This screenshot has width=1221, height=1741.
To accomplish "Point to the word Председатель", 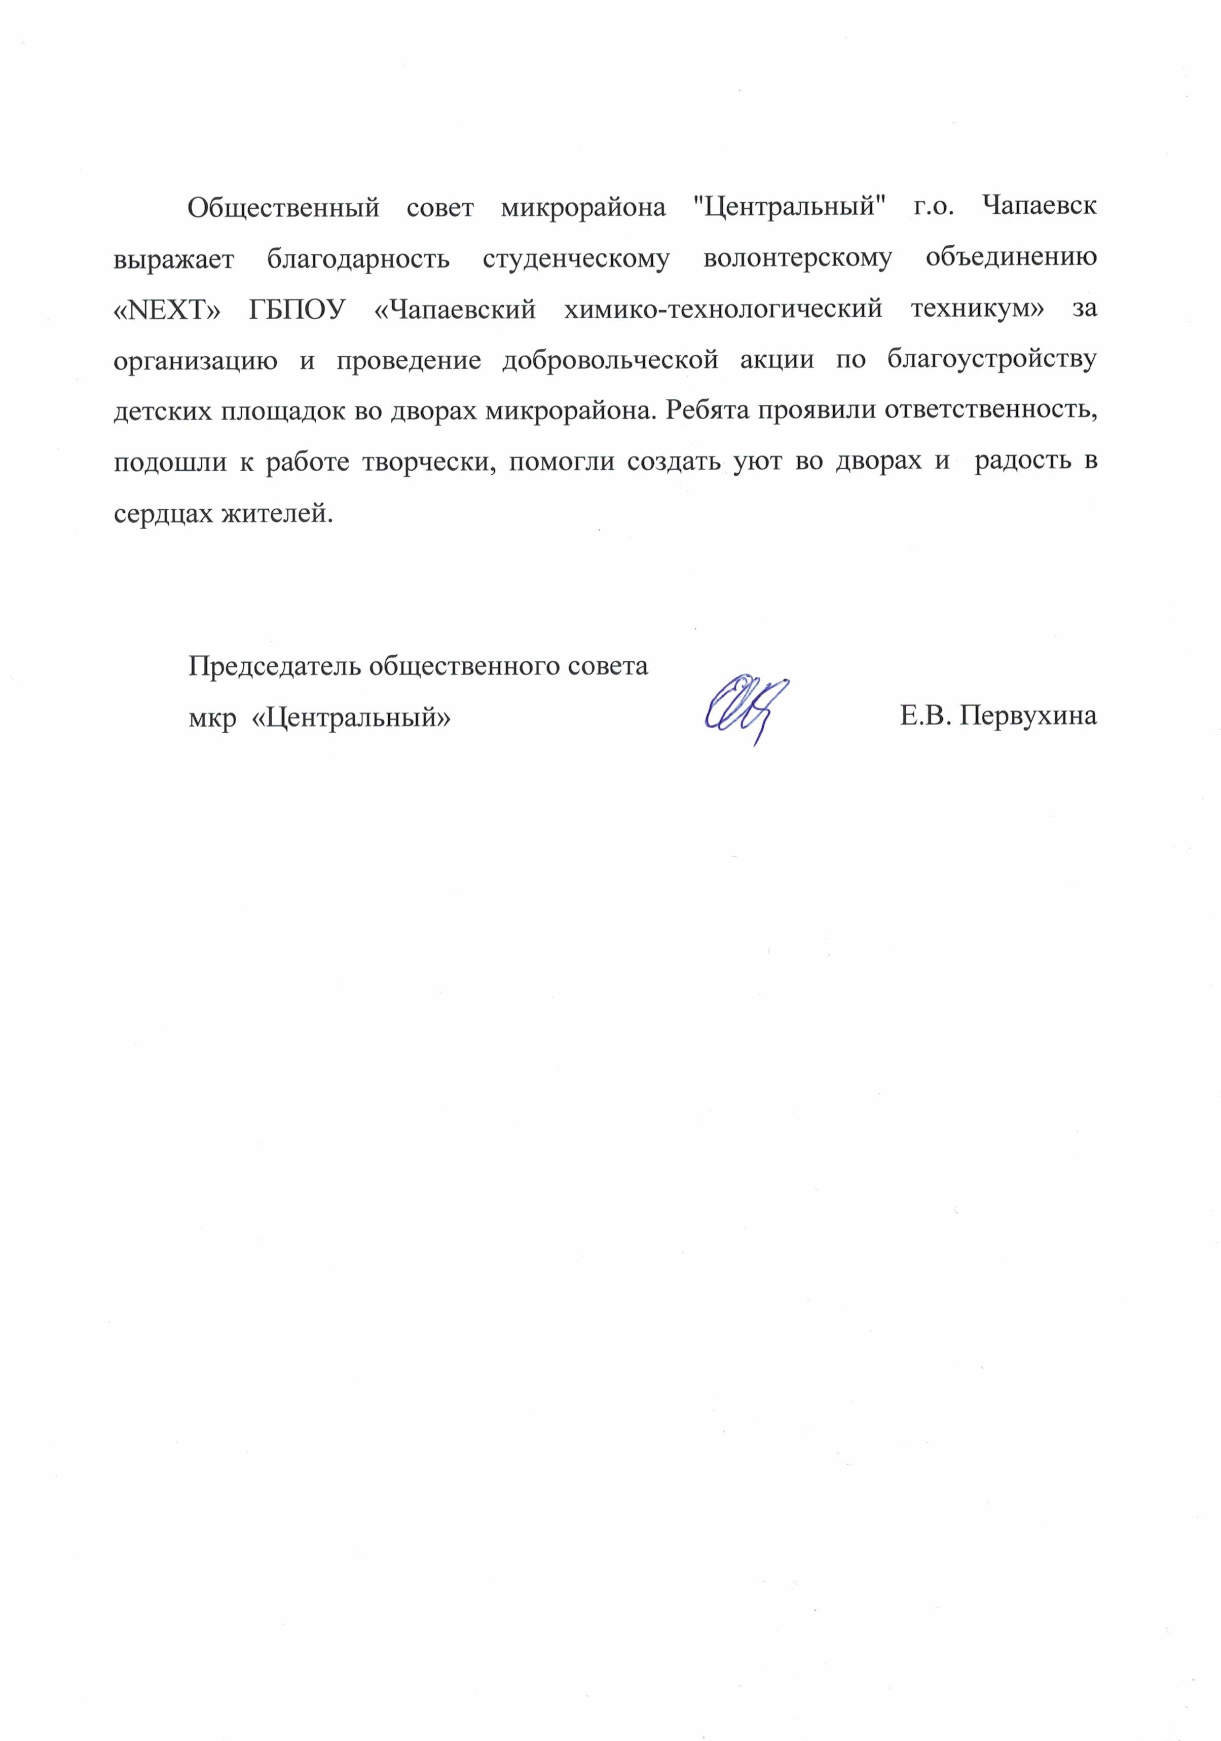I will tap(277, 666).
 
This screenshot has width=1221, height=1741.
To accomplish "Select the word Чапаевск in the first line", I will tap(1038, 207).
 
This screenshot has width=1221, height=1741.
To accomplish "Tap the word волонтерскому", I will tap(797, 259).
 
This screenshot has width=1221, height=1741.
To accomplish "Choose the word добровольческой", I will tap(610, 361).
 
